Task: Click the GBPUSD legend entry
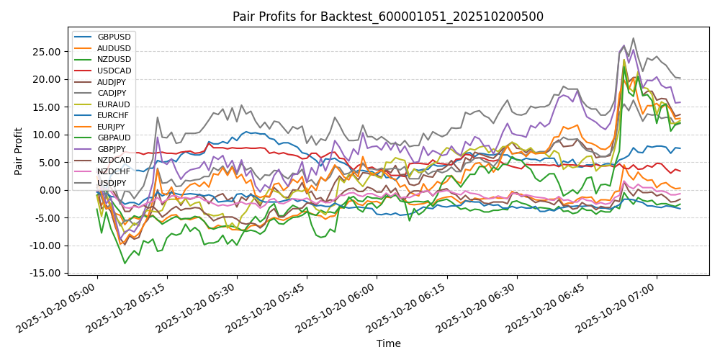pyautogui.click(x=114, y=37)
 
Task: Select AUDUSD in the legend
pyautogui.click(x=114, y=48)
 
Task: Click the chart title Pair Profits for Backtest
pyautogui.click(x=388, y=17)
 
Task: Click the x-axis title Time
pyautogui.click(x=388, y=344)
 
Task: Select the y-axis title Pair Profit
pyautogui.click(x=19, y=151)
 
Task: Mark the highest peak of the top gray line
pyautogui.click(x=633, y=38)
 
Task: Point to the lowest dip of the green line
pyautogui.click(x=125, y=264)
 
